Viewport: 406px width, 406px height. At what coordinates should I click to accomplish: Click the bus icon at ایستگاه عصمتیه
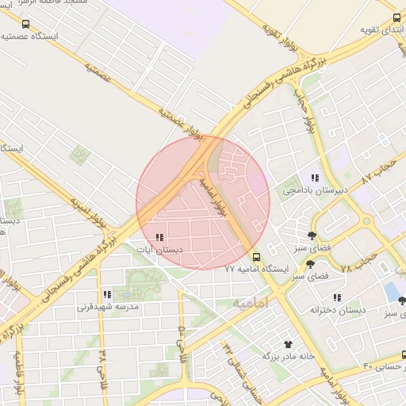click(x=27, y=25)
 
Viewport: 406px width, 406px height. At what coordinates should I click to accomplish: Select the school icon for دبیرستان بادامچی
click(x=315, y=179)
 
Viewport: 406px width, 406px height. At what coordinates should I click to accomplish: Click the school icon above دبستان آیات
click(x=159, y=237)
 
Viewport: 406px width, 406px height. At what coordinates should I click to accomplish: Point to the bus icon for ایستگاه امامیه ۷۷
click(x=256, y=257)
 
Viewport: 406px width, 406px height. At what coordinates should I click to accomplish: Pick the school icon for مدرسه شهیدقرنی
click(x=107, y=294)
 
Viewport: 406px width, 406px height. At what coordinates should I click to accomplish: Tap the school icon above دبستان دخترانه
click(x=337, y=297)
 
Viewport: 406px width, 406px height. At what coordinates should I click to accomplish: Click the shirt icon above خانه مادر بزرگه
click(x=288, y=344)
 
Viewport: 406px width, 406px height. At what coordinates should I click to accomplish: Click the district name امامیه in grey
click(x=251, y=303)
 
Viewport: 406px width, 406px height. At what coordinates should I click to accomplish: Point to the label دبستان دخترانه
click(x=338, y=309)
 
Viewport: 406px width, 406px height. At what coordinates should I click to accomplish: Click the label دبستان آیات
click(x=160, y=249)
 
